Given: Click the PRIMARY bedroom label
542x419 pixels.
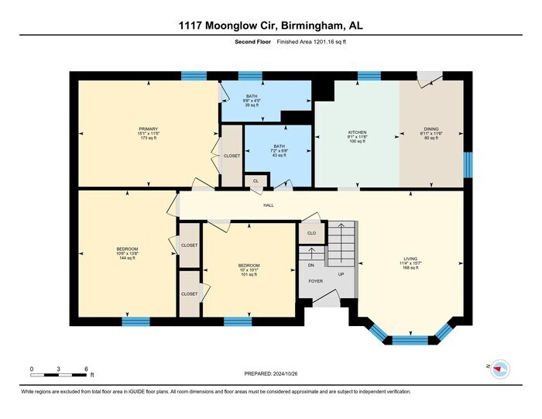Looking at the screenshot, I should [148, 129].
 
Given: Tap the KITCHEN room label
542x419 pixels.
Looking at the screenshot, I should [357, 132].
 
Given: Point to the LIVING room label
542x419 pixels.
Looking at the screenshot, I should [410, 259].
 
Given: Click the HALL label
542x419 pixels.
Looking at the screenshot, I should [269, 205].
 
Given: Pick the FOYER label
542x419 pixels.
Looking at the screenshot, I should [315, 282].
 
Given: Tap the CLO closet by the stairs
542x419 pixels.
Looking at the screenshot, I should [311, 232].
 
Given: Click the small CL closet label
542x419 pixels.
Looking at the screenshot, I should [256, 181].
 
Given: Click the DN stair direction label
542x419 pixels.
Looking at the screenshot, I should [310, 265].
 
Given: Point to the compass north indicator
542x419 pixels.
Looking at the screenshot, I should [500, 368].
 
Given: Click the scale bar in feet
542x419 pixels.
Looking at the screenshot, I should [59, 375].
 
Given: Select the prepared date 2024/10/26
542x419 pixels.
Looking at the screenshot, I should [270, 374].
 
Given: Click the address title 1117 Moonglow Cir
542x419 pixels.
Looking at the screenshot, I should [270, 26].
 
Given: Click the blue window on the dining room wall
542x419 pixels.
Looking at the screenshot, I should [467, 164].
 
